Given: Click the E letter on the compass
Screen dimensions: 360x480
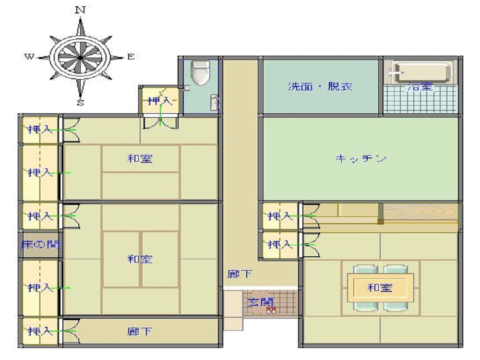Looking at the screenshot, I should (131, 57).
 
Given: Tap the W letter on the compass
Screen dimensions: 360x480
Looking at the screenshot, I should (29, 57).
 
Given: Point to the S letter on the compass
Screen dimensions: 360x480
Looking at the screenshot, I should (81, 102).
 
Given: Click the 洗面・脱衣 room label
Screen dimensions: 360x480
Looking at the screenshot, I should (320, 87).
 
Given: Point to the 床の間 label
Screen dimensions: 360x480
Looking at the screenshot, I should (40, 244).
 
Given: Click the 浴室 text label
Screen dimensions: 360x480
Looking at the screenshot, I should (420, 87).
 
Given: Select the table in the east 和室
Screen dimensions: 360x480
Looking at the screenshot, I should (380, 288).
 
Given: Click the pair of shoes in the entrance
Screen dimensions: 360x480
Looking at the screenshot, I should (271, 310).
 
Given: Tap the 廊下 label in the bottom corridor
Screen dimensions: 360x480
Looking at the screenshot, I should (140, 331).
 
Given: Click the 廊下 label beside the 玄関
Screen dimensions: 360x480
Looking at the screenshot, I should (240, 274).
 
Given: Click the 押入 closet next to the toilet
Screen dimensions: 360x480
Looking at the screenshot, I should (159, 101).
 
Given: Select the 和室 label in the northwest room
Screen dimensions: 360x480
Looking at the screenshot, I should (140, 158).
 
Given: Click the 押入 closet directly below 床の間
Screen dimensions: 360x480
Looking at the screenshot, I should (40, 288).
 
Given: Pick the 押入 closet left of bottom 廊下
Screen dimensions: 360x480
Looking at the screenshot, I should (40, 331).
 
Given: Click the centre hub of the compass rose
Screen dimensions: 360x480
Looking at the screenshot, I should (80, 57).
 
